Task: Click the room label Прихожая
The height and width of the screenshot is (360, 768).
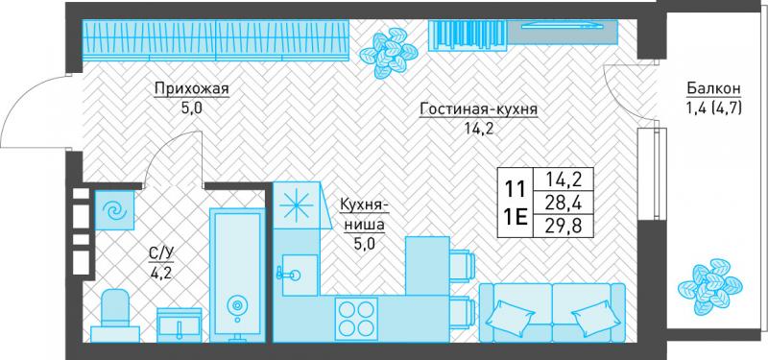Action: [191, 88]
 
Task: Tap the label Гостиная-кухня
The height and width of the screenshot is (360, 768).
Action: [478, 109]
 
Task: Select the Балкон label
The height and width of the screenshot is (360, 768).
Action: [712, 88]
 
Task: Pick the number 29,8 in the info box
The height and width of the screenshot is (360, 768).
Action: [564, 227]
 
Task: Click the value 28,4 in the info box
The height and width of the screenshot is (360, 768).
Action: [564, 203]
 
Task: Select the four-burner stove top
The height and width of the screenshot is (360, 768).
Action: [356, 317]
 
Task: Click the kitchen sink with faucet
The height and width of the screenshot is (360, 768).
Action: [299, 275]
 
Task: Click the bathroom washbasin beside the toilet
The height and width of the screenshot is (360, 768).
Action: [180, 324]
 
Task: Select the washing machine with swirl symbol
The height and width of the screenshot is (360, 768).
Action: [114, 210]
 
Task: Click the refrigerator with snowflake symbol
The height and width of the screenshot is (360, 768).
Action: [298, 205]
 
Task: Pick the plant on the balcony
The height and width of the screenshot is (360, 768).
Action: [709, 285]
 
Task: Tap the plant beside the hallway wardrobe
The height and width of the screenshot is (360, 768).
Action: [389, 53]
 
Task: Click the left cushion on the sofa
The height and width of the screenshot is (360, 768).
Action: [509, 317]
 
